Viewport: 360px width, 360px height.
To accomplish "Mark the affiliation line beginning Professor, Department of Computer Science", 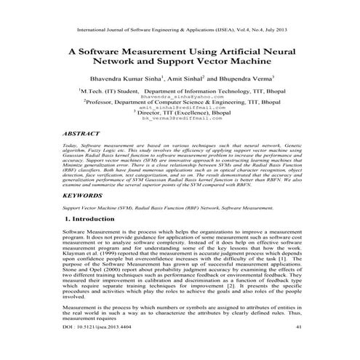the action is pos(180,103).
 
